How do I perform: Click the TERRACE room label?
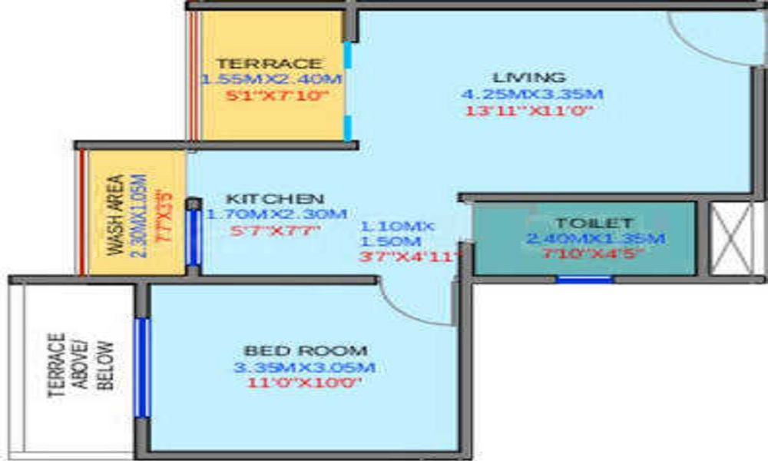click(268, 63)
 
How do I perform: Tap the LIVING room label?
click(529, 78)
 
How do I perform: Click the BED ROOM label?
click(301, 350)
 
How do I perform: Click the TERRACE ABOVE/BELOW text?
click(81, 366)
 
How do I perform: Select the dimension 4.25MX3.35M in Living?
click(531, 95)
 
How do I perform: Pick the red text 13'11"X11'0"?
click(531, 111)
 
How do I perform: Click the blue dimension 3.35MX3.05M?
click(304, 367)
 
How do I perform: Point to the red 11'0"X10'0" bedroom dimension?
click(304, 383)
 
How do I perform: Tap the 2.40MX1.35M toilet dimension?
click(595, 239)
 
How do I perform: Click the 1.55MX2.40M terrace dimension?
click(271, 79)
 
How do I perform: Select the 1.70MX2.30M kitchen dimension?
click(277, 214)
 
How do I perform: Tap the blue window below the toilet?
click(584, 279)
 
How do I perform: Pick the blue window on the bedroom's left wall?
click(141, 367)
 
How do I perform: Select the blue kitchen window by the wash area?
click(194, 237)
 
